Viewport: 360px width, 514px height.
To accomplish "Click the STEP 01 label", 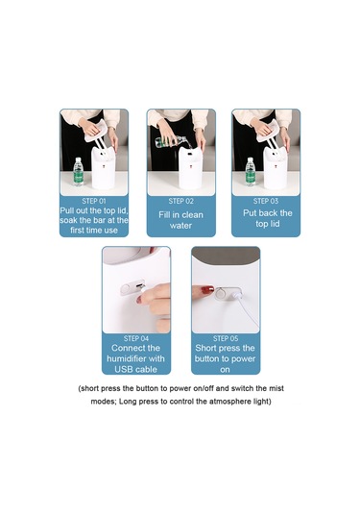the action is point(94,201).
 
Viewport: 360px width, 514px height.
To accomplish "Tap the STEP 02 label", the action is point(180,201).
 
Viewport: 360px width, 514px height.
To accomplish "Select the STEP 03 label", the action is point(266,201).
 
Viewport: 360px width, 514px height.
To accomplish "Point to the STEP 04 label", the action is point(136,338).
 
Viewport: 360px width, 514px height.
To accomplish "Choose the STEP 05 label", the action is point(226,338).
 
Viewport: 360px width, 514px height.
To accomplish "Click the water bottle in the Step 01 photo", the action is point(78,171).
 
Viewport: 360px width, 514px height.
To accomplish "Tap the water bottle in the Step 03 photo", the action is point(250,171).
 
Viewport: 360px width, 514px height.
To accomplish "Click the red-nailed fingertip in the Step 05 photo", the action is point(205,291).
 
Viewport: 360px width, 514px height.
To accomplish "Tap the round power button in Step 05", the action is point(222,293).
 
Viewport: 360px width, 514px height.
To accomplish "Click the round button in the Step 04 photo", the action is point(126,289).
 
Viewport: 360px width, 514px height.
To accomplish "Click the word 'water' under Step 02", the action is point(180,226).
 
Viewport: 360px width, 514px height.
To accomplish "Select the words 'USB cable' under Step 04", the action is point(136,369).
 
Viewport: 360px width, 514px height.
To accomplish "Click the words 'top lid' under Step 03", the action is point(267,224).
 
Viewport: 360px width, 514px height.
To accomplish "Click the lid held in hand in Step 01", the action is point(96,131).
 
